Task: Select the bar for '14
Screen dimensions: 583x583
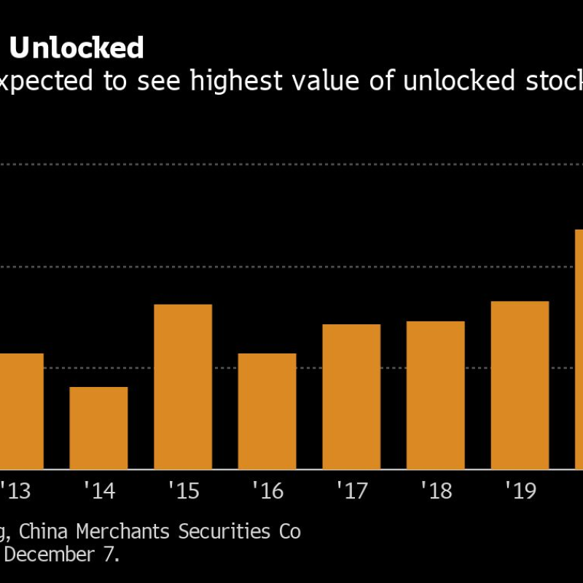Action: (x=98, y=428)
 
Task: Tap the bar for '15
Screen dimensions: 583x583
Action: (x=183, y=386)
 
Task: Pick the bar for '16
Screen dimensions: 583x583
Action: (x=267, y=411)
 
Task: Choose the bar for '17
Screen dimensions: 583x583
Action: (x=351, y=396)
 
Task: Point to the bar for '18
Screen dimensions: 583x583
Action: (x=436, y=395)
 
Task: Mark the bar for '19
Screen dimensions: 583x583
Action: (x=520, y=385)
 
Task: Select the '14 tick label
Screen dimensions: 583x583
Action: (x=99, y=491)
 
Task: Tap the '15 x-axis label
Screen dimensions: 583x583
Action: (x=184, y=491)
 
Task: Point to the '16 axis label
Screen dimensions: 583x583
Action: (x=267, y=491)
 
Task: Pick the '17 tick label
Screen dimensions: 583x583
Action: (x=352, y=491)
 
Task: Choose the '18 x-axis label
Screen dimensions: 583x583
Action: (x=436, y=491)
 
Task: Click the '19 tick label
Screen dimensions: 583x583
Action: (x=520, y=491)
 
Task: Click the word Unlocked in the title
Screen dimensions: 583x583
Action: (x=76, y=49)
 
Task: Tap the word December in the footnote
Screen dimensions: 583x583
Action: (x=55, y=555)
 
